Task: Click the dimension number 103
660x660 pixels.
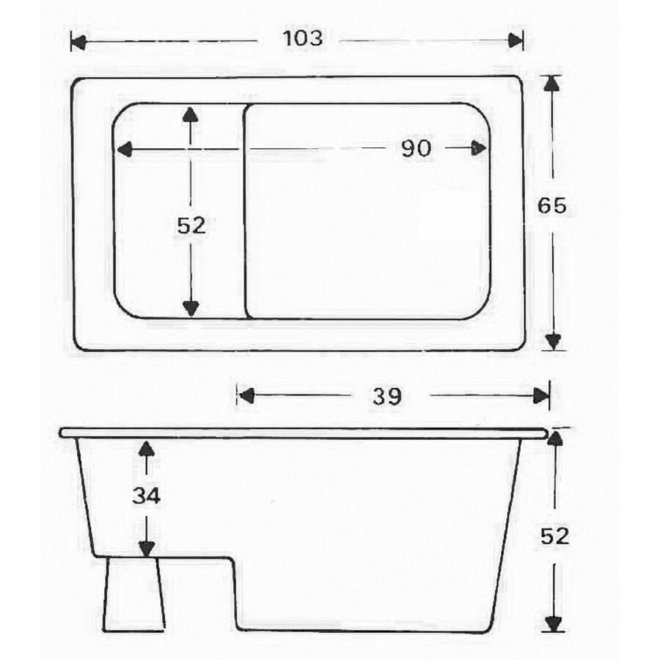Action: click(302, 39)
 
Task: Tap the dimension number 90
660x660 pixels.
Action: click(415, 149)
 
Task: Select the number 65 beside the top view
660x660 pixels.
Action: click(551, 207)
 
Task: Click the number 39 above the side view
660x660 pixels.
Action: click(386, 397)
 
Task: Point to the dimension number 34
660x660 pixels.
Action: click(146, 496)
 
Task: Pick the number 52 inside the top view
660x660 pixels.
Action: click(191, 227)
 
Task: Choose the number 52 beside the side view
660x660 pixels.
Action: click(554, 536)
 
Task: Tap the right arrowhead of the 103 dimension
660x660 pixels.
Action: click(516, 40)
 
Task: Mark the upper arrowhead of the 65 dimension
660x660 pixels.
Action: click(553, 83)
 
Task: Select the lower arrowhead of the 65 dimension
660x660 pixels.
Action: click(553, 341)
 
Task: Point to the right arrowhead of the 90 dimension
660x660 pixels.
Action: click(478, 149)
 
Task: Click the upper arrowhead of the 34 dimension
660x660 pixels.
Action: click(147, 448)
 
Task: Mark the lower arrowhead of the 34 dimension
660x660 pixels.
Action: click(147, 549)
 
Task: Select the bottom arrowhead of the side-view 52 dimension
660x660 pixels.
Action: click(554, 623)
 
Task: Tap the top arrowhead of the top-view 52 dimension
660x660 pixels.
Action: click(191, 114)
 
